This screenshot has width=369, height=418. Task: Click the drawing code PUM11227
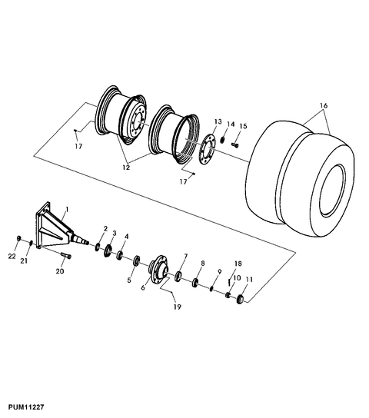tap(26, 407)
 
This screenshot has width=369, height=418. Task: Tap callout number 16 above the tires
tap(324, 105)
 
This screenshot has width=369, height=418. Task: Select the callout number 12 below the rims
tap(126, 168)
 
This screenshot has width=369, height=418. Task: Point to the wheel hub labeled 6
tap(158, 270)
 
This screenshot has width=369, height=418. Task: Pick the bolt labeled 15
tap(235, 145)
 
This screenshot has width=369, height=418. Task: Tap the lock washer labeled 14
tap(222, 140)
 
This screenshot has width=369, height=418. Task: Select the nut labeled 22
tap(18, 238)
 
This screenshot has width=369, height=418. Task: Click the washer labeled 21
tap(31, 243)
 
